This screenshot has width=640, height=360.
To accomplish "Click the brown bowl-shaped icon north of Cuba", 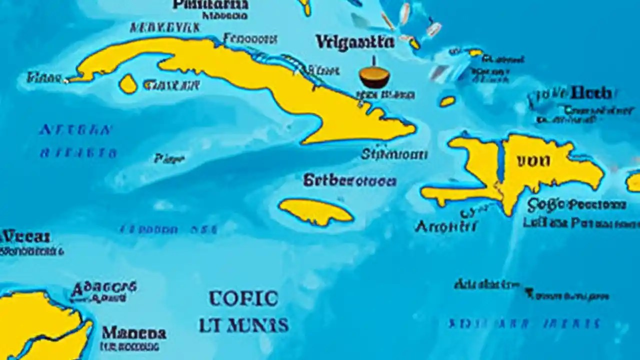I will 374,78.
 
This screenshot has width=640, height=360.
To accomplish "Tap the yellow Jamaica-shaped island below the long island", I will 315,211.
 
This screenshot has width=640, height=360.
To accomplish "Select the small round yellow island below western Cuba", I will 128,84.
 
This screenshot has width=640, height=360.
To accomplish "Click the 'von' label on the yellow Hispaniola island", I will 533,160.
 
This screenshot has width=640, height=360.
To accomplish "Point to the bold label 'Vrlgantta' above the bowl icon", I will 354,42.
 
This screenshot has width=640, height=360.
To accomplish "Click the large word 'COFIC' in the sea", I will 243,298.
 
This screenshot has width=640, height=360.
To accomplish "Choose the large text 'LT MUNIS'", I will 243,325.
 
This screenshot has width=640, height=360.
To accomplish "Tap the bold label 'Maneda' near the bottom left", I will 134,332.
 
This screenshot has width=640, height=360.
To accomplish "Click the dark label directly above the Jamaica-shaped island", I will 349,180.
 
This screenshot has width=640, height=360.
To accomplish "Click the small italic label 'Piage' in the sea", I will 169,159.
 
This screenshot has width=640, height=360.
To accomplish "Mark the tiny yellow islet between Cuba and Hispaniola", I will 447,101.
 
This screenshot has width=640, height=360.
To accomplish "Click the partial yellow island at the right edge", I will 633,182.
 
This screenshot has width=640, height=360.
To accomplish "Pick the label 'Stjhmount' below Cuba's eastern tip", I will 394,154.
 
